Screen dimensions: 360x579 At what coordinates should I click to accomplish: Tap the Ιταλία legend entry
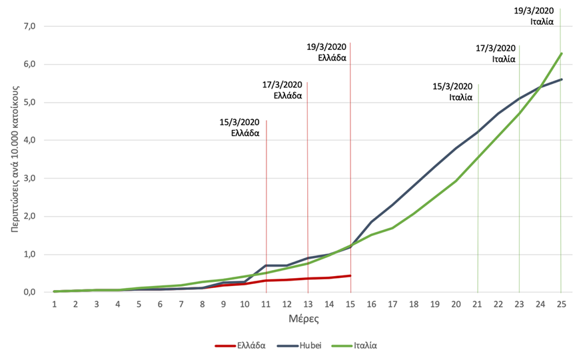point(365,346)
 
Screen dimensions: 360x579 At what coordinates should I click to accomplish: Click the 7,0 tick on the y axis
point(29,27)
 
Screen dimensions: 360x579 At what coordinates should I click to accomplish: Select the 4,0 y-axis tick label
point(29,141)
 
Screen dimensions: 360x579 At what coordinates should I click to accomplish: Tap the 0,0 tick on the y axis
point(29,292)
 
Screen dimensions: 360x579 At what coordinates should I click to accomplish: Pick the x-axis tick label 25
point(560,303)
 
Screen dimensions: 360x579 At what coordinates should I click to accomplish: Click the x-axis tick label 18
point(413,303)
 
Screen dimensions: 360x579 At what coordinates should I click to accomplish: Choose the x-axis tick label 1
point(54,303)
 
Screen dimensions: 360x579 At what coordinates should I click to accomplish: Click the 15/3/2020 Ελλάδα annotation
point(239,127)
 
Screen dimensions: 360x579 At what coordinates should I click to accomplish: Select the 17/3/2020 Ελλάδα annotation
point(283,90)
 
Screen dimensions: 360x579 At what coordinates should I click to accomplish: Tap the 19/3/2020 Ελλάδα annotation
point(326,53)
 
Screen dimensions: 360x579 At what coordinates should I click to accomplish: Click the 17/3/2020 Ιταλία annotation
point(496,53)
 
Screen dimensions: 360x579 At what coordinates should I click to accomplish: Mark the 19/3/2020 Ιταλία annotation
point(536,15)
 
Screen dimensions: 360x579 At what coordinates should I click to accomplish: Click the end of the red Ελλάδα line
point(350,275)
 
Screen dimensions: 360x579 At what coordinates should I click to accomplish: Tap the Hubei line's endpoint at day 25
point(561,79)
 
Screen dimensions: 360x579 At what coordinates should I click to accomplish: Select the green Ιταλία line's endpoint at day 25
point(561,53)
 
